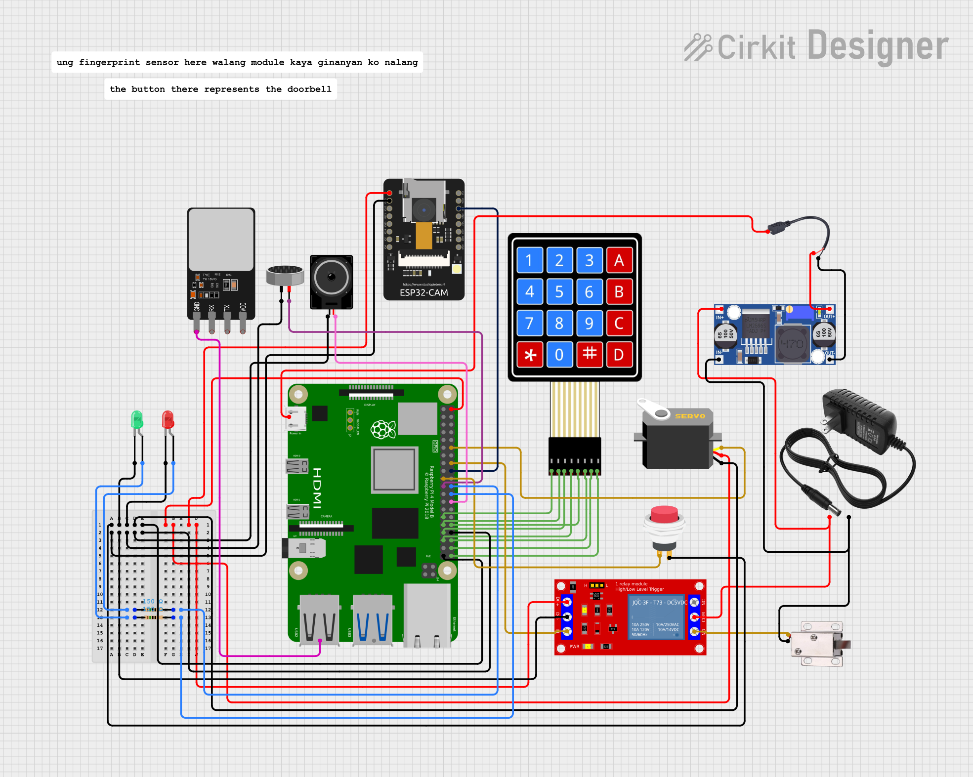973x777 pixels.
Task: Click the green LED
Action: coord(137,420)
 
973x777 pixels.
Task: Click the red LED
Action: coord(168,419)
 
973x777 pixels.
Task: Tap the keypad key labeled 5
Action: coord(559,292)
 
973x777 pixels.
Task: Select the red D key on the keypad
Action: coord(619,355)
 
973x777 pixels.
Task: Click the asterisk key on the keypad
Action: coord(530,355)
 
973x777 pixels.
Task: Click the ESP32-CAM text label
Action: coord(423,292)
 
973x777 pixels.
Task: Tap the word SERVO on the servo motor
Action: coord(690,416)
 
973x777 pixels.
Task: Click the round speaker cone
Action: coord(331,277)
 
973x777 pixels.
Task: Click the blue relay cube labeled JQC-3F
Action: coord(656,617)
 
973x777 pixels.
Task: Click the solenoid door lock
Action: coord(818,644)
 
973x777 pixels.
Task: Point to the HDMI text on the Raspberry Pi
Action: coord(317,488)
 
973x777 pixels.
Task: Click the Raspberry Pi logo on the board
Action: coord(383,429)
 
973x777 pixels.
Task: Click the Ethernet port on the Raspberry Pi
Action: coord(427,615)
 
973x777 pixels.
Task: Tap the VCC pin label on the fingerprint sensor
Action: coord(243,308)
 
